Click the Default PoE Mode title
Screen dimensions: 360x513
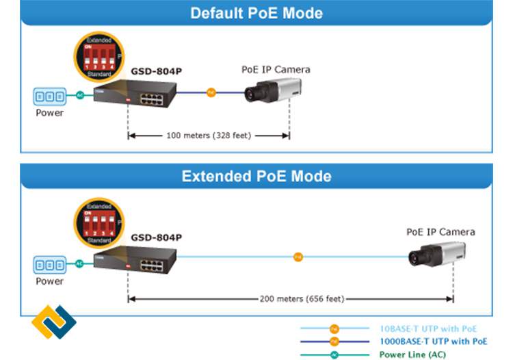pyautogui.click(x=256, y=13)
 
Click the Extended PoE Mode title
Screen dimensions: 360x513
pyautogui.click(x=256, y=176)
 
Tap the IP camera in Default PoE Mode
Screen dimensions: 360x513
pyautogui.click(x=273, y=90)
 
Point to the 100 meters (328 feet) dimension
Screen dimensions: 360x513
pyautogui.click(x=209, y=136)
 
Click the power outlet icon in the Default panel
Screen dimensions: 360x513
pyautogui.click(x=50, y=95)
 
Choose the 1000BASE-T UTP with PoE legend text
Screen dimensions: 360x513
pyautogui.click(x=433, y=341)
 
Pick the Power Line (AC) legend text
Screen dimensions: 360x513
pyautogui.click(x=413, y=355)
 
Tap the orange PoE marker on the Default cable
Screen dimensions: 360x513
pyautogui.click(x=211, y=92)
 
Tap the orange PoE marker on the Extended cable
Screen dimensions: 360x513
pyautogui.click(x=298, y=257)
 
